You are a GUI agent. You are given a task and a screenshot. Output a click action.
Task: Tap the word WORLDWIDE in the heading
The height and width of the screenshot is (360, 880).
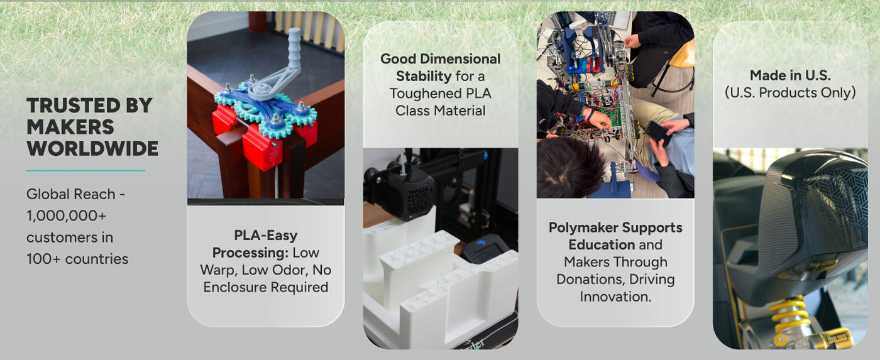point(92,148)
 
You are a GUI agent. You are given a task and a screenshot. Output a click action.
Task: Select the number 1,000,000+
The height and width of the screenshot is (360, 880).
point(67,215)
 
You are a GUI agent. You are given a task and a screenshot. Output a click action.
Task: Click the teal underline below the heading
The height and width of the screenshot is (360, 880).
point(85,170)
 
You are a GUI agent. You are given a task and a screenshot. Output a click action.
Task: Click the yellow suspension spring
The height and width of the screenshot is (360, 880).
point(789,315)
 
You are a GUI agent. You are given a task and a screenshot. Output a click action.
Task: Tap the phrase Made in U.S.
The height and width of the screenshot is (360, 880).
point(790,75)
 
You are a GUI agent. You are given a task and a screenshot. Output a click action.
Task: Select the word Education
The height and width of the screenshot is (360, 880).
point(602,244)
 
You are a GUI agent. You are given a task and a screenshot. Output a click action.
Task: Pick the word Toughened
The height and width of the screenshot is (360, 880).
point(423,94)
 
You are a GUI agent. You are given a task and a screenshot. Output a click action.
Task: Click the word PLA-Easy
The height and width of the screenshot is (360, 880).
point(265,236)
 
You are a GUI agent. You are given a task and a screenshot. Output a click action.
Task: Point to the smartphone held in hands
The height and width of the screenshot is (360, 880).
point(657,133)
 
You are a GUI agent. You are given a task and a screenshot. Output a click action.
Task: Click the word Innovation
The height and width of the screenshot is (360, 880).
point(615,297)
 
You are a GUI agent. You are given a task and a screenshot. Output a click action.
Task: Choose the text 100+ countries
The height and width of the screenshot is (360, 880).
point(77,259)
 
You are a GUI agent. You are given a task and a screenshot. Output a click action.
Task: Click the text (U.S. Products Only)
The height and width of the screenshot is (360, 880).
point(790,92)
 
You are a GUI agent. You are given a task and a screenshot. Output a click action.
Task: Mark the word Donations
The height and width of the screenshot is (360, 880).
point(591,279)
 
